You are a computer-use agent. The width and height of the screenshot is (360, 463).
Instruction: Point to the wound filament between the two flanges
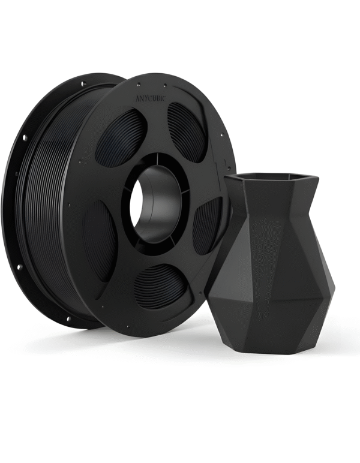click(36, 198)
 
